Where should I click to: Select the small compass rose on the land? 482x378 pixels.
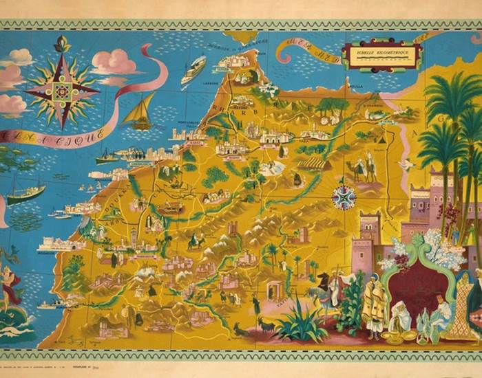point(343,197)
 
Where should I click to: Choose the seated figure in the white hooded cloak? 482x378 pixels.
point(399,320)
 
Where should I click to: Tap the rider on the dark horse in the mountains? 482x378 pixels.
point(196,241)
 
